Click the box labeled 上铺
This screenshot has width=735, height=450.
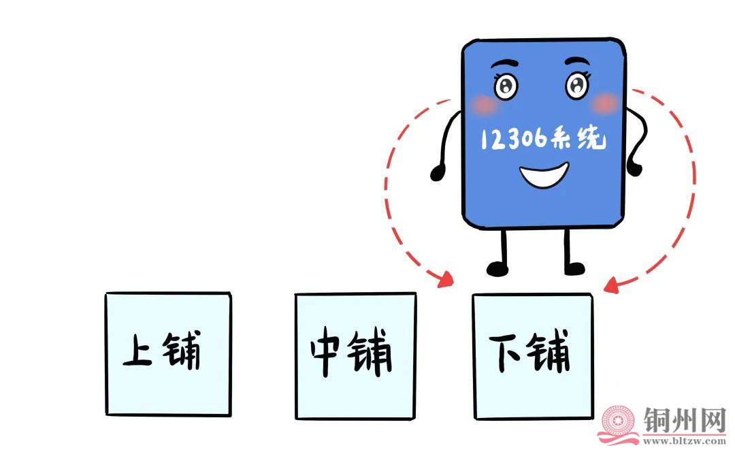click(x=168, y=354)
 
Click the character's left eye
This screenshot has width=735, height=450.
click(x=506, y=86)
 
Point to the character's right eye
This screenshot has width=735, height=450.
click(x=577, y=85)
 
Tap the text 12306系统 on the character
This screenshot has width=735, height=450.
click(x=542, y=140)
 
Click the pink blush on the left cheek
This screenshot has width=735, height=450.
click(x=485, y=105)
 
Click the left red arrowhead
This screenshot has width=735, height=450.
click(x=446, y=278)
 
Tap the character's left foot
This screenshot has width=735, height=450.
click(x=497, y=268)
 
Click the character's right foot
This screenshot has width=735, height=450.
click(x=574, y=268)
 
